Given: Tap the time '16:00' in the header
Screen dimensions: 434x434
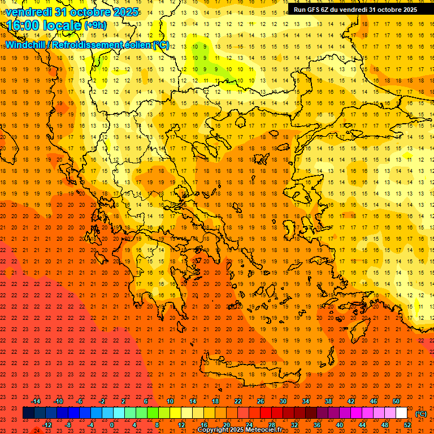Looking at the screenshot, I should click(x=23, y=25).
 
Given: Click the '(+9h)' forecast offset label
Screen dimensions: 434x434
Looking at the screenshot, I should click(x=94, y=25).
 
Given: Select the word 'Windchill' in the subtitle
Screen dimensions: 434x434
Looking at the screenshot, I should click(x=27, y=45).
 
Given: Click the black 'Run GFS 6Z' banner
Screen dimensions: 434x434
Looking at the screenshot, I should click(x=355, y=10).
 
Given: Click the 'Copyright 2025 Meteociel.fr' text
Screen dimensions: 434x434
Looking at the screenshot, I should click(x=240, y=430).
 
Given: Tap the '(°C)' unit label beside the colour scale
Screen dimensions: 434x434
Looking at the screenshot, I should click(x=421, y=414).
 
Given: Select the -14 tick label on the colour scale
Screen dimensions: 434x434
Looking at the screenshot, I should click(x=36, y=401).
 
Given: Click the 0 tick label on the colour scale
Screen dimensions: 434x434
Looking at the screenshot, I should click(x=112, y=425).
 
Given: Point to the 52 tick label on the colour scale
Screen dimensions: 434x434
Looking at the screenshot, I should click(x=407, y=425).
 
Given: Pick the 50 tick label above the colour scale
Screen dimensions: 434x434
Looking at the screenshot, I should click(x=396, y=401).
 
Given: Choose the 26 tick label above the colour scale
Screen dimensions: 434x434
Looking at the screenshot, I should click(x=261, y=401).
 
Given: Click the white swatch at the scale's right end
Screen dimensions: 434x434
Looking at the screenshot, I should click(x=401, y=413).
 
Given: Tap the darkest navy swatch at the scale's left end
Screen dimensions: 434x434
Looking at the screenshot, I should click(x=28, y=413).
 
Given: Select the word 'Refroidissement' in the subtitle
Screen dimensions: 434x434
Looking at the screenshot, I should click(x=86, y=45).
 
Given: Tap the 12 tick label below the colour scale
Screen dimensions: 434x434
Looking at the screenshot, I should click(x=181, y=425).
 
